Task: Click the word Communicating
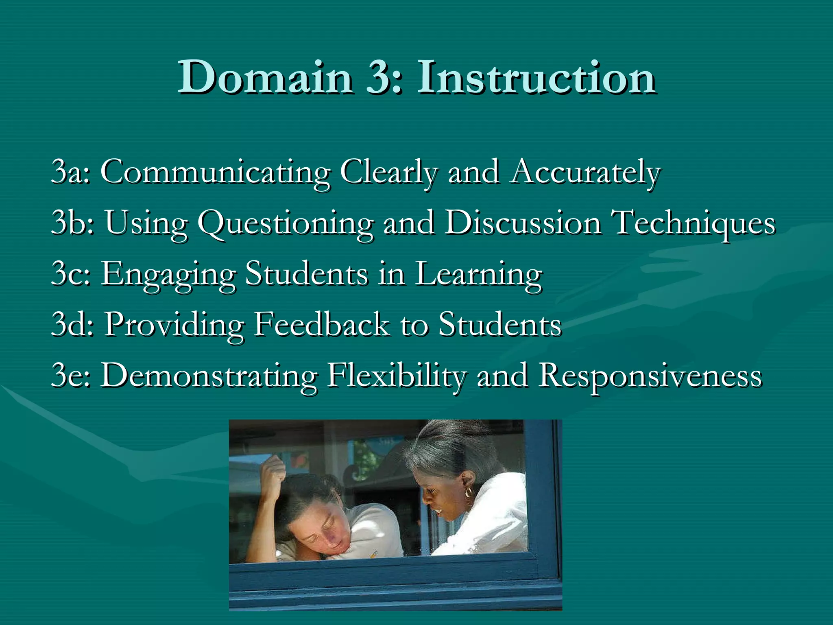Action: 215,173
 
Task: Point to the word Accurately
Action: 586,173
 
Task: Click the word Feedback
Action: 321,324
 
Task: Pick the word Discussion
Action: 523,223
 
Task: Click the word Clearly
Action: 388,173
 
